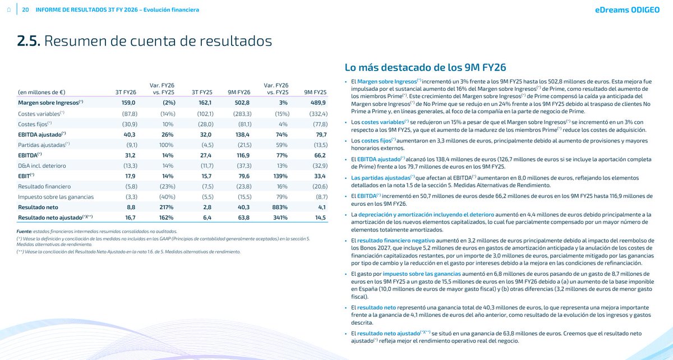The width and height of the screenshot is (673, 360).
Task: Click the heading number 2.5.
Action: (28, 41)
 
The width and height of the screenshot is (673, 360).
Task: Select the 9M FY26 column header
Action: (239, 92)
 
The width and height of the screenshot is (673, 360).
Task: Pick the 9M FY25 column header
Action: (315, 92)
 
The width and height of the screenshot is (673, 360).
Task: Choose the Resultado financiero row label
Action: (44, 186)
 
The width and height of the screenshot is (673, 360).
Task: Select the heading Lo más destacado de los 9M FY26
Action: (426, 68)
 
